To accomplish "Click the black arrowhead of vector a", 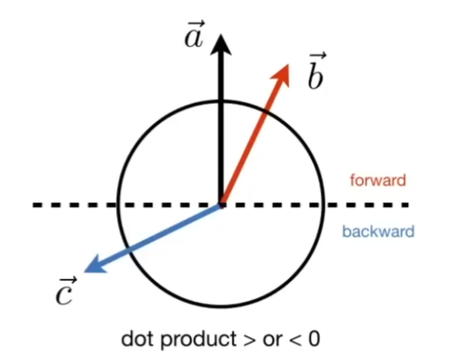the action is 221,46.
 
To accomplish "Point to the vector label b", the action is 316,71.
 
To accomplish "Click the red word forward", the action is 377,180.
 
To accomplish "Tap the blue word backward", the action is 379,231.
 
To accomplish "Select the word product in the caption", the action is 199,340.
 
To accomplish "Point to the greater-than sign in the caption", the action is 249,340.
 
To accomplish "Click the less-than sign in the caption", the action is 295,340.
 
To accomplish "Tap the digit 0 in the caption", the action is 314,338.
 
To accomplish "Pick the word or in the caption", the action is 272,341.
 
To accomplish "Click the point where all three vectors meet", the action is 222,205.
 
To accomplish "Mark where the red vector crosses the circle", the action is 265,112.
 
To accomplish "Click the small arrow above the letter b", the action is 318,55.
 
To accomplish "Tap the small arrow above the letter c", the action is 68,280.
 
